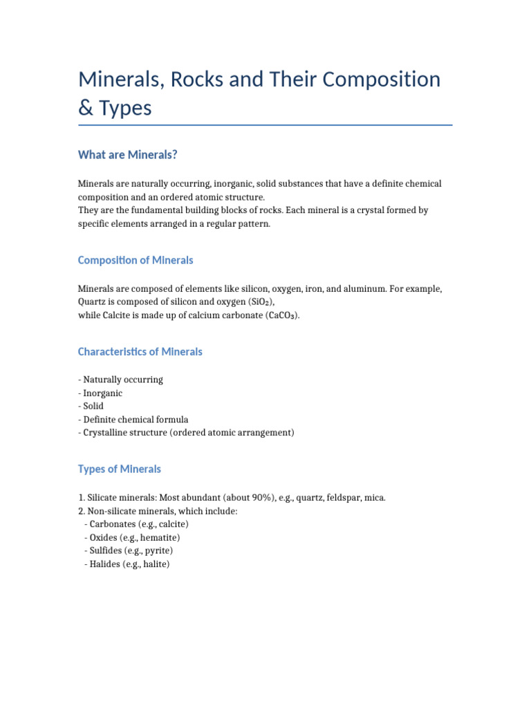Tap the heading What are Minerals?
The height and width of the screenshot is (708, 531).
click(128, 155)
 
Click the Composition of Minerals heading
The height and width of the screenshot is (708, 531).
click(136, 260)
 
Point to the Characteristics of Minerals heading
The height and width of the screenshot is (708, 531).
click(140, 351)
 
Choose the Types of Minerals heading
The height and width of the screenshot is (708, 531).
click(120, 469)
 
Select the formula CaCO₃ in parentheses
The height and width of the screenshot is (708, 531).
click(281, 315)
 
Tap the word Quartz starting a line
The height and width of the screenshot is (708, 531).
click(93, 302)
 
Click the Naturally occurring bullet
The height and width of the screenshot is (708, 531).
click(123, 380)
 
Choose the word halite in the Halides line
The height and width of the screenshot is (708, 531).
click(152, 564)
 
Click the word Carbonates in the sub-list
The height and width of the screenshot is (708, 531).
click(112, 524)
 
